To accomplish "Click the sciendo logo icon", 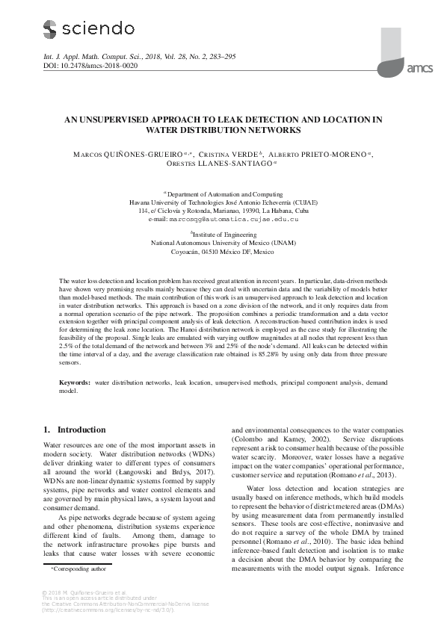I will (x=49, y=29).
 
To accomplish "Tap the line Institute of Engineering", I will (x=224, y=233).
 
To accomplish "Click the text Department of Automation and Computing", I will (x=225, y=192).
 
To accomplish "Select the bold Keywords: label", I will (x=76, y=382).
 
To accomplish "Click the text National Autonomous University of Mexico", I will (x=224, y=243).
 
